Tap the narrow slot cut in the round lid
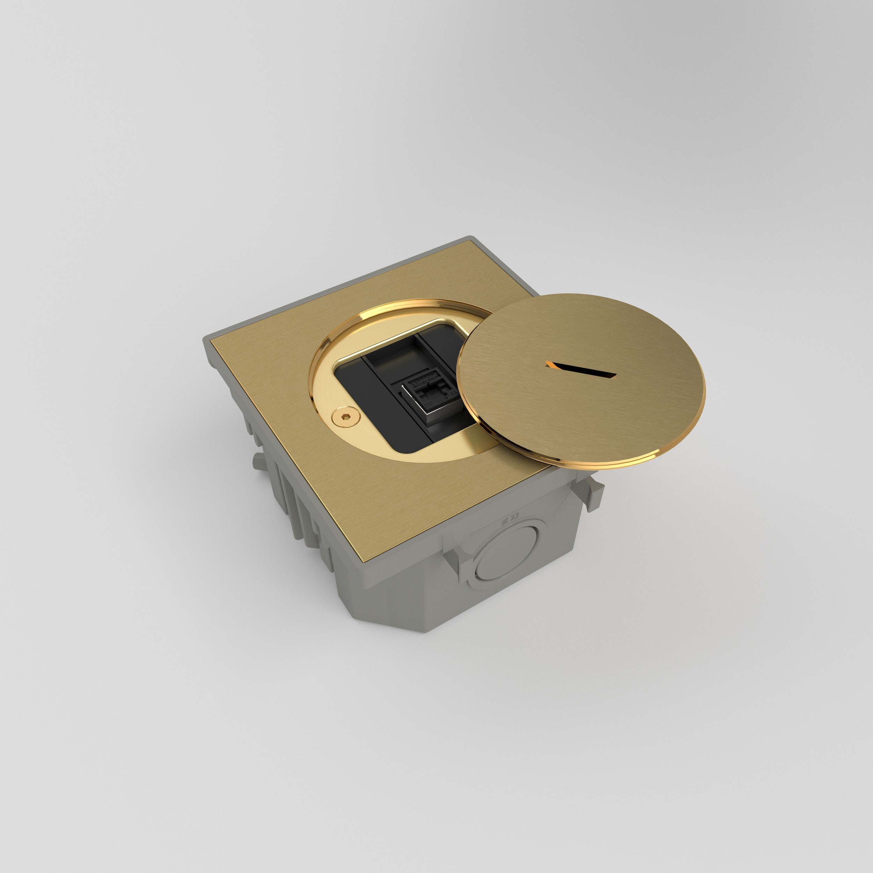[581, 371]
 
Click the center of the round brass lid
[581, 380]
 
